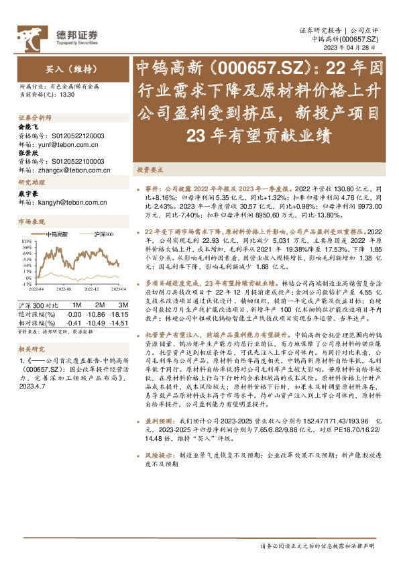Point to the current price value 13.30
click(67, 95)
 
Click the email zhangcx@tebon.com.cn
click(69, 170)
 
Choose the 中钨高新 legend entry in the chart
click(56, 234)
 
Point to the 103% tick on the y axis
click(27, 240)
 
